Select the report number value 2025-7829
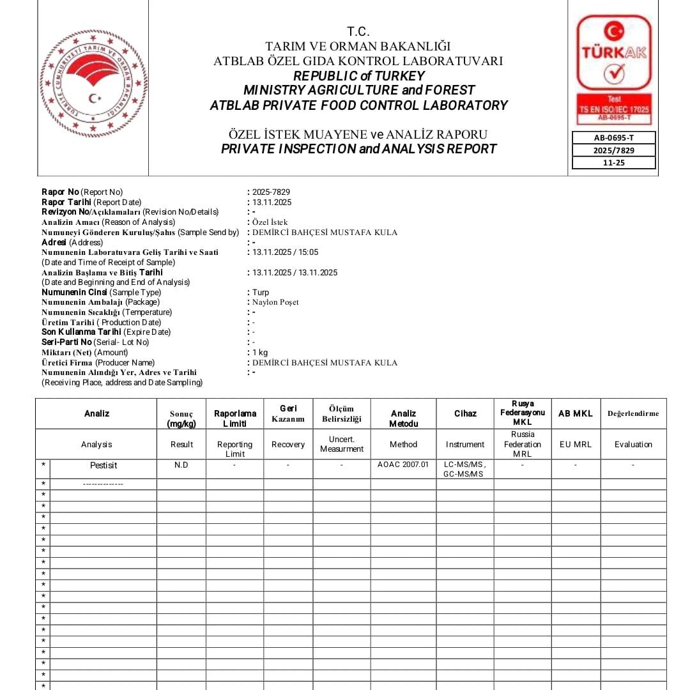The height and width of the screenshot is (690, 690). pos(271,192)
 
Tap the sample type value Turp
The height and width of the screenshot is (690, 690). pos(261,293)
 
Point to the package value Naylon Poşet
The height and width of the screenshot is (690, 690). pos(275,302)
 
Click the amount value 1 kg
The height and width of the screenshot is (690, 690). pos(260,353)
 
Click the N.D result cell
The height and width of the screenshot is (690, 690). pos(181,465)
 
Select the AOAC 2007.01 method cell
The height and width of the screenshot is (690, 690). pos(403,464)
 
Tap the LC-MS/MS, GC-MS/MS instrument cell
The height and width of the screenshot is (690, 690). pos(464,469)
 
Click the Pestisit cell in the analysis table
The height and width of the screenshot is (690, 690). pos(103,466)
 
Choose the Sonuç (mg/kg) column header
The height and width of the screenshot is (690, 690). pos(181,418)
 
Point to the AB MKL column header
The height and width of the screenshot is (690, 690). pos(575,413)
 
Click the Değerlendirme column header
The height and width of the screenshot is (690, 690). pos(633,413)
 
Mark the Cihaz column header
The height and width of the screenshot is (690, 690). pos(465,413)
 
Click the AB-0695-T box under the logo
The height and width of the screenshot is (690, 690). pos(614,137)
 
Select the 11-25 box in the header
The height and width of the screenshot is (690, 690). pos(614,162)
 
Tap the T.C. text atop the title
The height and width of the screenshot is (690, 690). pos(358,31)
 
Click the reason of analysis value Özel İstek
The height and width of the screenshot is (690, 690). pos(270,222)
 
